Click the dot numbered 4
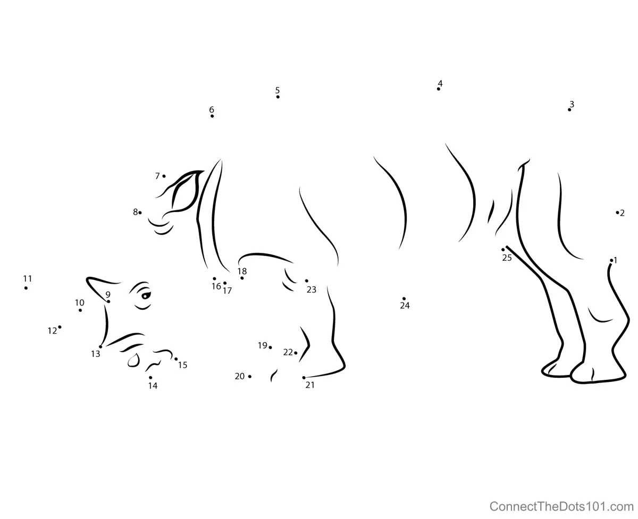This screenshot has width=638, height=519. click(438, 89)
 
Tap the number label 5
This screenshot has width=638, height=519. click(278, 90)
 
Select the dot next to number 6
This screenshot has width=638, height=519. click(212, 116)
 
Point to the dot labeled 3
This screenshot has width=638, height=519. click(569, 110)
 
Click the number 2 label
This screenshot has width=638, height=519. click(622, 213)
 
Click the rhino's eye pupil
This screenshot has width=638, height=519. click(145, 296)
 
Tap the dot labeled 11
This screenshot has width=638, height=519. click(26, 288)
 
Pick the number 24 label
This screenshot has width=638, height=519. click(405, 305)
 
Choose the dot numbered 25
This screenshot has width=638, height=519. click(503, 250)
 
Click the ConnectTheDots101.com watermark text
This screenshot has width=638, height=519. click(561, 506)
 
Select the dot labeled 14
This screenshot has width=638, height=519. click(150, 377)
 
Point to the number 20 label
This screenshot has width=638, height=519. click(240, 376)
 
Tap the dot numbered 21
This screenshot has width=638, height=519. click(304, 378)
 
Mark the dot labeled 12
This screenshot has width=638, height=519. click(60, 327)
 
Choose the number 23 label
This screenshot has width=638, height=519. click(312, 290)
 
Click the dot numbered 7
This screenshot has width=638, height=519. click(164, 176)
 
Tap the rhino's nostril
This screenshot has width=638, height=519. click(133, 360)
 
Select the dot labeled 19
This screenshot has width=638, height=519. click(270, 347)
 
